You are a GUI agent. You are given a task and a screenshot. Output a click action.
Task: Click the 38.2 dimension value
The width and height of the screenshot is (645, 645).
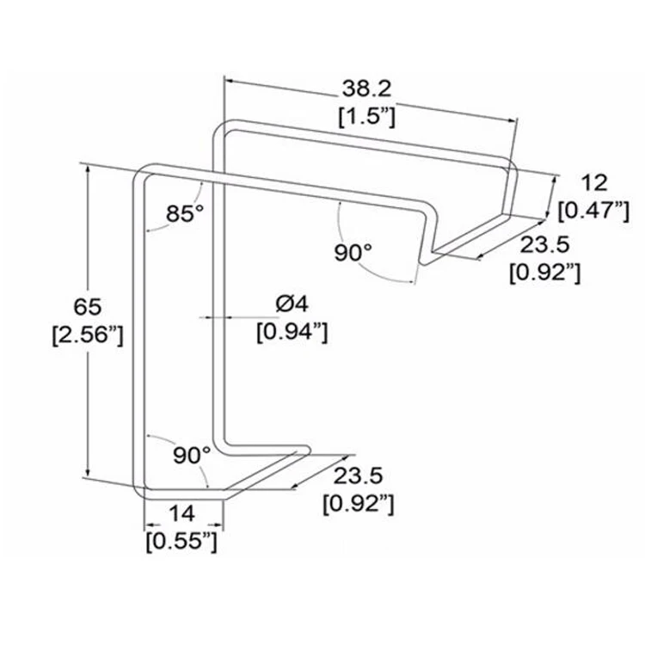point(366,89)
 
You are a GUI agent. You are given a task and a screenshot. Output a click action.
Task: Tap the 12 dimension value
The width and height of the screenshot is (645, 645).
point(593,182)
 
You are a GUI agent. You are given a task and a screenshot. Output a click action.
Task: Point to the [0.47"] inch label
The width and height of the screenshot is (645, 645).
point(593,210)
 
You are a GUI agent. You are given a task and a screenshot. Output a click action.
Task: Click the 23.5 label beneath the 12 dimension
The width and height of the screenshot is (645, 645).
point(544,245)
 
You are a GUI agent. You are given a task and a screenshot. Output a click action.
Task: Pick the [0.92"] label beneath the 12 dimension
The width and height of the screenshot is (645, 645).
point(544,273)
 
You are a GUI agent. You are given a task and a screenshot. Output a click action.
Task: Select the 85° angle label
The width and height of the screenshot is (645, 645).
point(184,212)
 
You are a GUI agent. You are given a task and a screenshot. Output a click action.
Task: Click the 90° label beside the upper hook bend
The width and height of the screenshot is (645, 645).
point(353,252)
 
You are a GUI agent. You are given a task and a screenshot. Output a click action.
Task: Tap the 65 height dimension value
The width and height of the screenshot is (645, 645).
point(88,306)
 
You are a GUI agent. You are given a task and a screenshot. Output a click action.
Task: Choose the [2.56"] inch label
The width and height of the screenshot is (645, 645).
point(88,335)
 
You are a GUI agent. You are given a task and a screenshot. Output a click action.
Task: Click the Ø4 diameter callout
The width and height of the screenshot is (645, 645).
point(292,302)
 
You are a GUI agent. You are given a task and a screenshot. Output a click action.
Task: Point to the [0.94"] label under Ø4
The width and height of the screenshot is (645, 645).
point(292,330)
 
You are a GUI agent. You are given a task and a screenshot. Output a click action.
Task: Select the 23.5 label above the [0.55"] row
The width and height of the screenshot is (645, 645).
point(358,474)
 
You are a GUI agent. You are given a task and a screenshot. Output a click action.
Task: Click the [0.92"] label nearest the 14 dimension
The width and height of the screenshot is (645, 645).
point(358,503)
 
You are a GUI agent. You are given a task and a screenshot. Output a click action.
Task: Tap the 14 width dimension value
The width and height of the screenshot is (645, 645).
point(181,513)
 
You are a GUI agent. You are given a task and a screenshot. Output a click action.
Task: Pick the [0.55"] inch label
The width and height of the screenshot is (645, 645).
point(181,541)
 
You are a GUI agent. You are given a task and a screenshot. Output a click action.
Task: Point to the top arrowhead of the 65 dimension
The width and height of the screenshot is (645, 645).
point(88,171)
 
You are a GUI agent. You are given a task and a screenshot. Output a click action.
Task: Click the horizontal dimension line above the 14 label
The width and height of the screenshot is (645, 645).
point(182,525)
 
